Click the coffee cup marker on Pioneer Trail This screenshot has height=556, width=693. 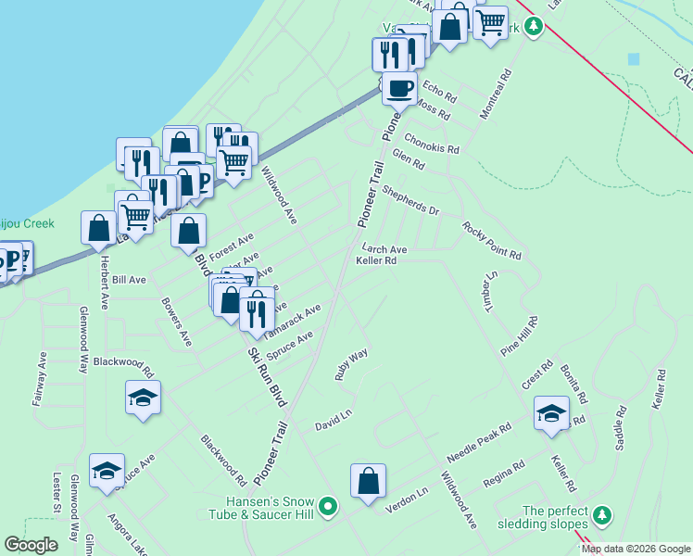click(x=398, y=89)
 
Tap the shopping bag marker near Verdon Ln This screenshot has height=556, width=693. click(x=368, y=482)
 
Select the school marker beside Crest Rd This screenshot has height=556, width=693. click(x=551, y=413)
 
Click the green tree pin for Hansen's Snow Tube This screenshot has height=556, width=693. click(x=327, y=507)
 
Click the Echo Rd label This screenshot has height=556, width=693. click(x=439, y=91)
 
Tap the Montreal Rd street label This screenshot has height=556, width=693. click(x=496, y=95)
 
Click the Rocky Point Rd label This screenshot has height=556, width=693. click(x=492, y=241)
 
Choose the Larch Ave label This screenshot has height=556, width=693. click(x=384, y=249)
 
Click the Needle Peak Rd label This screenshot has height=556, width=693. click(x=479, y=447)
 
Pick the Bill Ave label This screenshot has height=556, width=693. click(x=131, y=279)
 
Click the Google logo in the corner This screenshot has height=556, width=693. click(x=31, y=545)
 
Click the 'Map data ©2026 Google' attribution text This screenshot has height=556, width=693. click(x=636, y=549)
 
